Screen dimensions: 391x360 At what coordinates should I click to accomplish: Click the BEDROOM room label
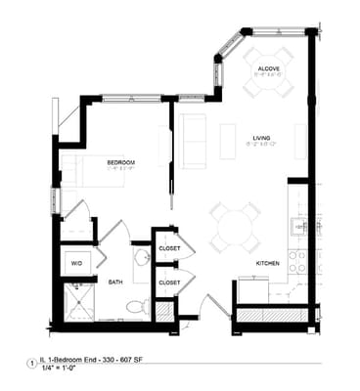pyautogui.click(x=121, y=161)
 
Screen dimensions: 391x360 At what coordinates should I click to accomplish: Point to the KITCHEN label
pyautogui.click(x=270, y=263)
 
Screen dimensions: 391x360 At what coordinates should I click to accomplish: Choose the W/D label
pyautogui.click(x=76, y=263)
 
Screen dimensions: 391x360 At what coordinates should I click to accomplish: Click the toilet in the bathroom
pyautogui.click(x=136, y=306)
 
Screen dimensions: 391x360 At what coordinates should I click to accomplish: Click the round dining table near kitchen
pyautogui.click(x=235, y=229)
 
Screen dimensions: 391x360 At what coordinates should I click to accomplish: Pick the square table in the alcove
pyautogui.click(x=268, y=71)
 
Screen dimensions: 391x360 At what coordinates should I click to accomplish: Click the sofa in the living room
pyautogui.click(x=193, y=141)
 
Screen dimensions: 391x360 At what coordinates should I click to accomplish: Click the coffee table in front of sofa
pyautogui.click(x=227, y=141)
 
